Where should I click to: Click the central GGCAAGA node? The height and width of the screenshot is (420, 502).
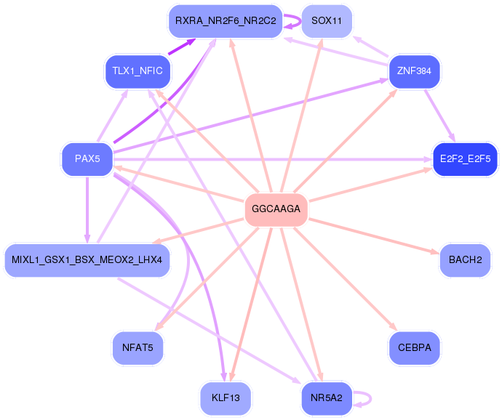[276, 209]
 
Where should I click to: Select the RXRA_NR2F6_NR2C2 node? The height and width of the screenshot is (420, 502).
[226, 21]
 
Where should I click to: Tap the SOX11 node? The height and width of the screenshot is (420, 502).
[327, 21]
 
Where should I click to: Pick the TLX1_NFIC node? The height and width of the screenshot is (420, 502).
[138, 71]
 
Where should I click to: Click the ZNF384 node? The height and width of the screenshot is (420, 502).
[415, 71]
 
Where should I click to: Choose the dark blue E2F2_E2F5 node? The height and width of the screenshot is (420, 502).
[465, 158]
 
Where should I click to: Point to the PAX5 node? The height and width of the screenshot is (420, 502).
[87, 158]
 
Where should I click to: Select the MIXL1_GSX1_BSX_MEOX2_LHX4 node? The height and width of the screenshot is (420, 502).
[87, 260]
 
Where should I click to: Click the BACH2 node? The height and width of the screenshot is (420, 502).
[465, 260]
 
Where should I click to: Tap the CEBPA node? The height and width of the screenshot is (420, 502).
[415, 347]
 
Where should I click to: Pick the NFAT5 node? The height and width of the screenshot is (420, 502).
[138, 347]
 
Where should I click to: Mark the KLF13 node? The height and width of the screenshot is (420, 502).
[226, 397]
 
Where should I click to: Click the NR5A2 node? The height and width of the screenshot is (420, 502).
[327, 397]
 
